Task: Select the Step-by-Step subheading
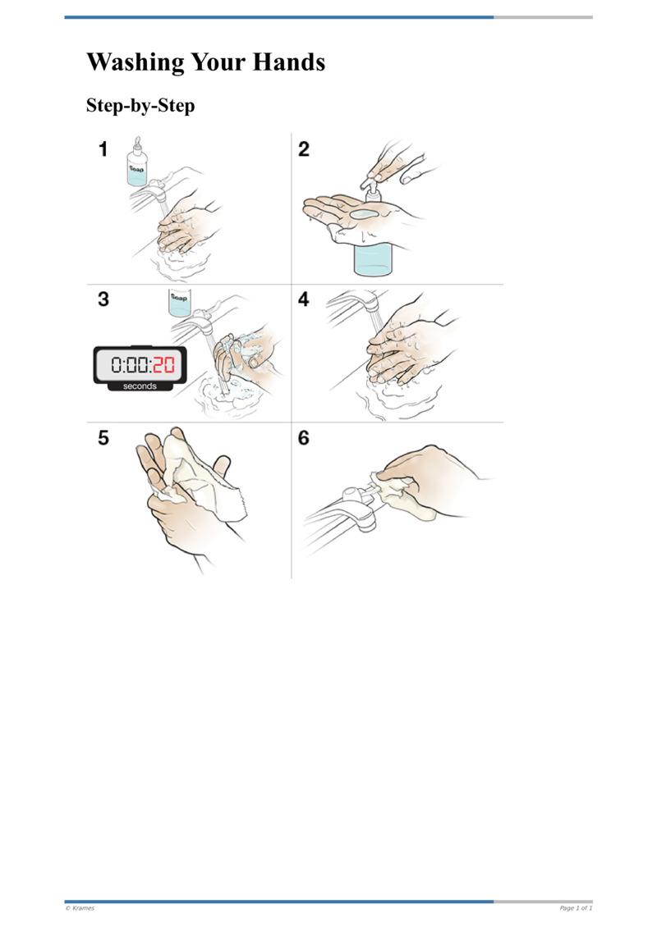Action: [140, 106]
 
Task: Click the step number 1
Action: [103, 149]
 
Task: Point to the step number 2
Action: [304, 149]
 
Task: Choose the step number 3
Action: [103, 299]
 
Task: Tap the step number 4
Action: [304, 299]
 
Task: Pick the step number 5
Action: [103, 438]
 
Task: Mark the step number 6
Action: [304, 438]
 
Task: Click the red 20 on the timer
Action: [164, 365]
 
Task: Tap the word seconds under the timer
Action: [140, 386]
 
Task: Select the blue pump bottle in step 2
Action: [373, 255]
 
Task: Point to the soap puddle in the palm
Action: [364, 214]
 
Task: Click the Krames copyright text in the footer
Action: [80, 908]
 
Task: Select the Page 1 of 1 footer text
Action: [576, 908]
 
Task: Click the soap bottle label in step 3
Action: [179, 298]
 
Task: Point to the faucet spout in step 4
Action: [368, 303]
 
